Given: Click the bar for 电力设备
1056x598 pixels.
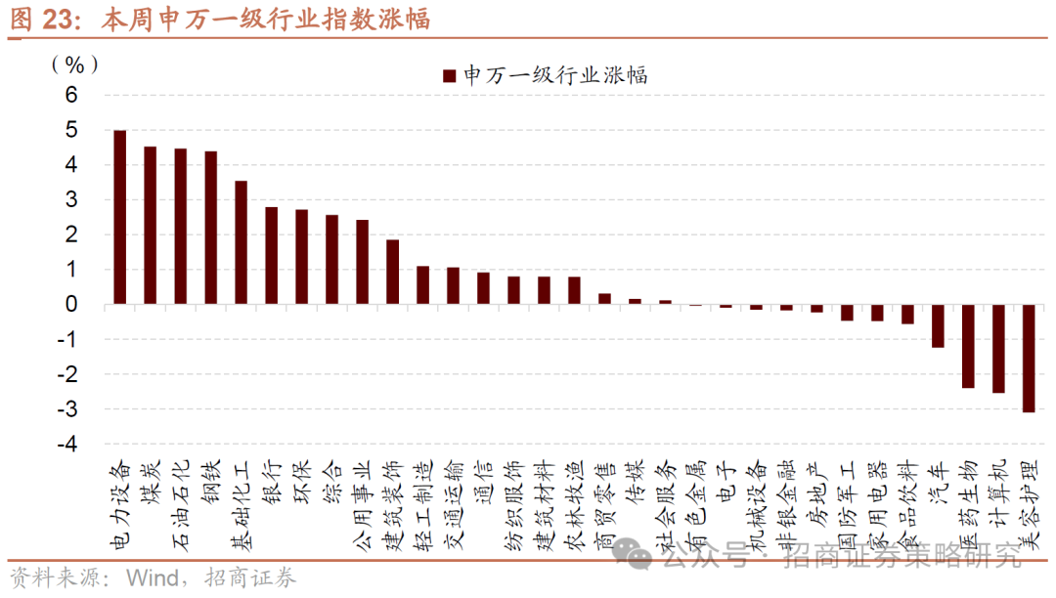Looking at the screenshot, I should coord(120,217).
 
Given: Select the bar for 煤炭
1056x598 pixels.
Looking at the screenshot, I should coord(151,226).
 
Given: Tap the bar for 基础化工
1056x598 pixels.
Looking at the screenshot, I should coord(241,242).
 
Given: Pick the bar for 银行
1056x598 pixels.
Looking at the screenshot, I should coord(271,255).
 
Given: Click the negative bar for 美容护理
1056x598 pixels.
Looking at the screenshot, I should coord(1029,358).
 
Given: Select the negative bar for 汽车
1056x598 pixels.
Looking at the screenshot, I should coord(938,325).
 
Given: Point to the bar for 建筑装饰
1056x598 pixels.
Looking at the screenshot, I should coord(392,272).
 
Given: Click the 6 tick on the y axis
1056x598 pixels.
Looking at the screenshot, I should coord(70,95).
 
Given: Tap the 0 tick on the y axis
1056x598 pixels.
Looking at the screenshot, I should coord(70,304).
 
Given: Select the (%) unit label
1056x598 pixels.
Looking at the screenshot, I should coord(75,64).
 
